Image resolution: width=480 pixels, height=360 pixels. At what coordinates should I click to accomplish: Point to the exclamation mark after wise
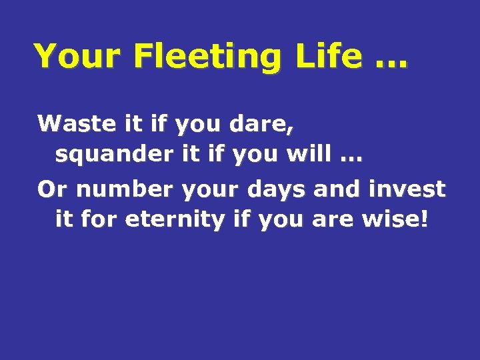425,219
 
